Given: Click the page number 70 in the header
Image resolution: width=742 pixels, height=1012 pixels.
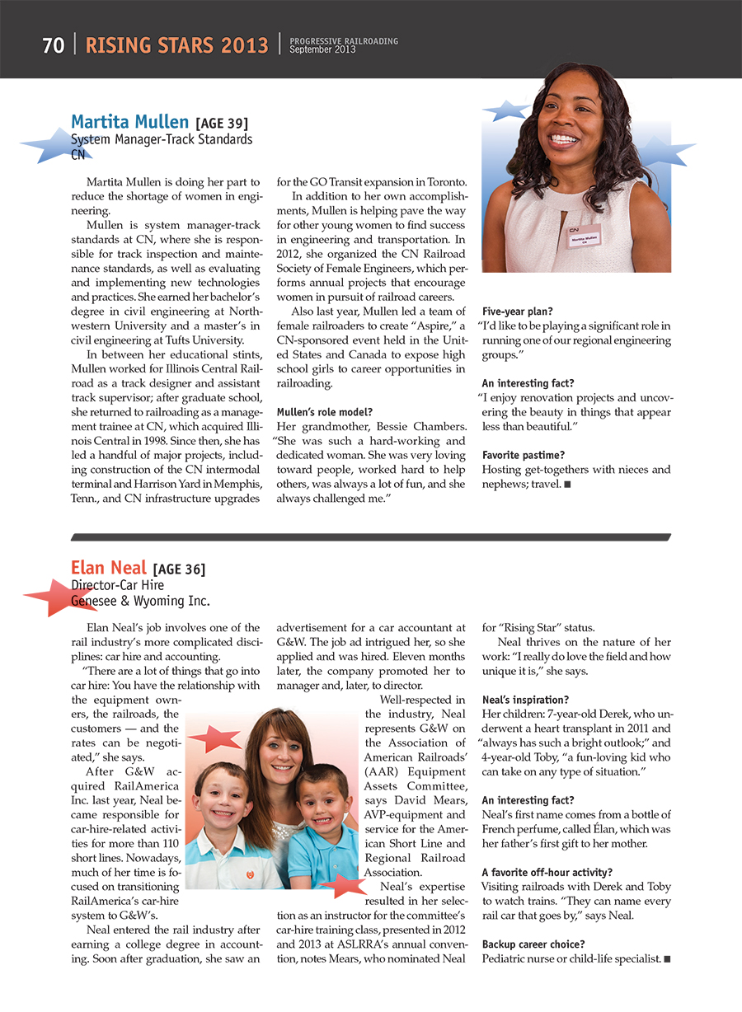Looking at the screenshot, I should pos(54,45).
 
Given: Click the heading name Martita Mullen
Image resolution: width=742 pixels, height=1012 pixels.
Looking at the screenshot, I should pos(129,123).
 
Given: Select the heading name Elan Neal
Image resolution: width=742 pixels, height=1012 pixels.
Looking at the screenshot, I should pos(109,568).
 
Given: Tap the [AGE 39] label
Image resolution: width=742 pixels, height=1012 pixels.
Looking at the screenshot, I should pos(222,124).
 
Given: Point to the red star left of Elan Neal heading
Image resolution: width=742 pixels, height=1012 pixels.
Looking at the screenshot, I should pos(51,597).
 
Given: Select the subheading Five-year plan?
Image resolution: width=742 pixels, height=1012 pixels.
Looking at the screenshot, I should pos(517,312).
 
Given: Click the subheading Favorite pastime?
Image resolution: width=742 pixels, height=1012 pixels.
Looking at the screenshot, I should pos(524,455).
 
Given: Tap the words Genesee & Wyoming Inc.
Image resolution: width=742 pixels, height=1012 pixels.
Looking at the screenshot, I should pos(140,601).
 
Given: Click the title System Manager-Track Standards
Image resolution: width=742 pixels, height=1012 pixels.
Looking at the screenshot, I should pos(162,139).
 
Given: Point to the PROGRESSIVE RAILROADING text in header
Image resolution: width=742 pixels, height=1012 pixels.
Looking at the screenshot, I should pos(344,40).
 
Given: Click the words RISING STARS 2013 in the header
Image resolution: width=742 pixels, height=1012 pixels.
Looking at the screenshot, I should pos(177,45).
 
